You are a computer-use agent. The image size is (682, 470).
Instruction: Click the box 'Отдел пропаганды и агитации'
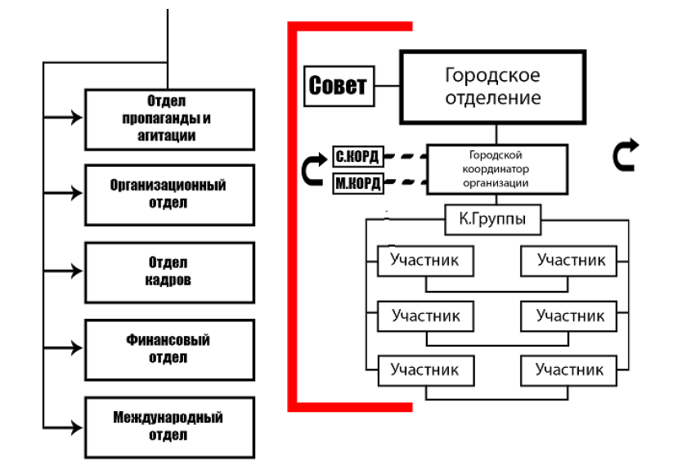pyautogui.click(x=169, y=119)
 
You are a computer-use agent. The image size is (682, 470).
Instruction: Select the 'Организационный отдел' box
pyautogui.click(x=169, y=195)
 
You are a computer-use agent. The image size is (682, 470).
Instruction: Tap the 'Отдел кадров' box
pyautogui.click(x=169, y=272)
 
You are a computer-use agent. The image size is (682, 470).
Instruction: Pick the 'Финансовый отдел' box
pyautogui.click(x=169, y=349)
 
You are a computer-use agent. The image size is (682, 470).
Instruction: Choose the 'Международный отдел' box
pyautogui.click(x=169, y=427)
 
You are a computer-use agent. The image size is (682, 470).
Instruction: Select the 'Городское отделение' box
pyautogui.click(x=492, y=87)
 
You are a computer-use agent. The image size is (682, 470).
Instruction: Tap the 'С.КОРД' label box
pyautogui.click(x=358, y=155)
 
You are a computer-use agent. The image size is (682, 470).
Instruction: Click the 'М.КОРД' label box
pyautogui.click(x=358, y=182)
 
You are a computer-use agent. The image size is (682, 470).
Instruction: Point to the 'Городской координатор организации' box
pyautogui.click(x=498, y=169)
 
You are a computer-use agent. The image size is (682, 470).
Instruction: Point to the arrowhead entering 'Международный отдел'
pyautogui.click(x=79, y=427)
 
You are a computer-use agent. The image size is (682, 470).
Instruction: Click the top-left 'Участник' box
pyautogui.click(x=425, y=262)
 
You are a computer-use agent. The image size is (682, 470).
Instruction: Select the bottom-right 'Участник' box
pyautogui.click(x=569, y=370)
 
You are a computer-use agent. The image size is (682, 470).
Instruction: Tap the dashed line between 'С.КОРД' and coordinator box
pyautogui.click(x=406, y=155)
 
